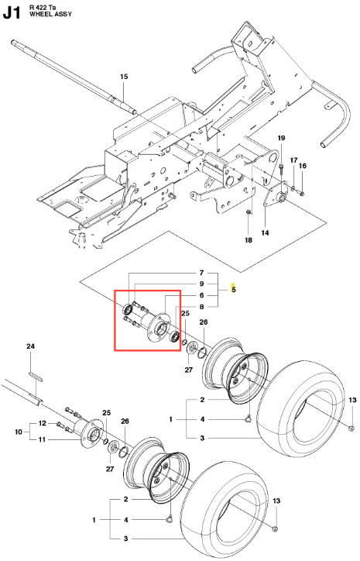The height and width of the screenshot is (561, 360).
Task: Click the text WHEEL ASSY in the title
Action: point(50,14)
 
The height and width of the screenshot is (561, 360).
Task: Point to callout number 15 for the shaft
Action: point(124,77)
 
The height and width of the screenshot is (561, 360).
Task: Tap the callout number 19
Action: point(281,138)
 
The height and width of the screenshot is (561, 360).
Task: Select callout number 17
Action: point(293,160)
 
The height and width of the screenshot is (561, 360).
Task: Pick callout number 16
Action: point(303,166)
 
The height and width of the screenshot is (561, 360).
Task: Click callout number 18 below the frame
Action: point(249,240)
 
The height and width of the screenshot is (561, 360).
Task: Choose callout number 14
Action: point(265,233)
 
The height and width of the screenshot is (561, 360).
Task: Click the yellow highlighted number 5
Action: point(234,290)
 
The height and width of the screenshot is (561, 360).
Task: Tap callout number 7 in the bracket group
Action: point(201,273)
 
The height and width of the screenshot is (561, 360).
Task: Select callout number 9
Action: point(201,284)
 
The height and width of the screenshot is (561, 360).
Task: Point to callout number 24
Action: point(31,346)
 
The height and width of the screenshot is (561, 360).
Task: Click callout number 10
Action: point(19,432)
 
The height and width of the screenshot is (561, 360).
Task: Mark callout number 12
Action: point(42,424)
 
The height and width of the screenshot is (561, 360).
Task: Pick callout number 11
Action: point(42,439)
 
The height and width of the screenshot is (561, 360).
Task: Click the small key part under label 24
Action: point(36,377)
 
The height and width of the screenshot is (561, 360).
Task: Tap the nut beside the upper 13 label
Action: point(351,428)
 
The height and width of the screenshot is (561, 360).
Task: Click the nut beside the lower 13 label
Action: point(275,528)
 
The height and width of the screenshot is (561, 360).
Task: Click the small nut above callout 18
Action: point(249,212)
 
